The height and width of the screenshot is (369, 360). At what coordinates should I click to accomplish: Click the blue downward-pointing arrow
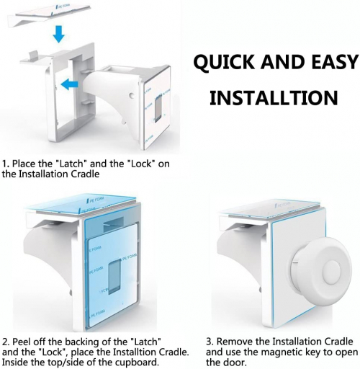pos(59,34)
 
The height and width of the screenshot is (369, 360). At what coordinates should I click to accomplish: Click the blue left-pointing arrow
pos(70,84)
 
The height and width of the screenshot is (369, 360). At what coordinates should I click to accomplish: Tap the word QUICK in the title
pos(224,63)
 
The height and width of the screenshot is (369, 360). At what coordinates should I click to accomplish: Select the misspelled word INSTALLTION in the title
pos(274,98)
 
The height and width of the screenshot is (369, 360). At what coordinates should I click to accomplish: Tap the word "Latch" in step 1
pos(71,164)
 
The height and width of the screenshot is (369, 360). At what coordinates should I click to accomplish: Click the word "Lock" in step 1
pos(141,164)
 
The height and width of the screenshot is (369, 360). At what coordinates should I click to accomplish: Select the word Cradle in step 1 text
pos(85,174)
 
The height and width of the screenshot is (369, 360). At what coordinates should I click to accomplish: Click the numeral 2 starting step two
pos(5,342)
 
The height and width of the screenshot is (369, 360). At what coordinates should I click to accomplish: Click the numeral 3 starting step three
pos(209,342)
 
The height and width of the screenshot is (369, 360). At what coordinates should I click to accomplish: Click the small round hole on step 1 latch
pos(131,95)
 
